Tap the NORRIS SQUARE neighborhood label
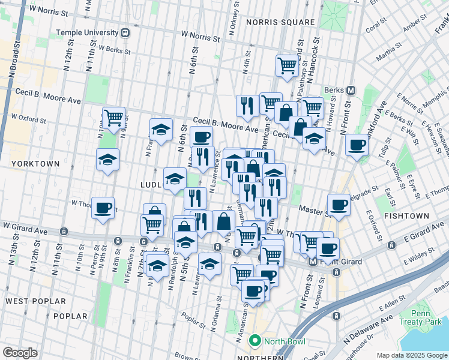pos(280,22)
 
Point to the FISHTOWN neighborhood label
pos(406,215)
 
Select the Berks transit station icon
pos(351,91)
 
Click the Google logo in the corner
pos(20,353)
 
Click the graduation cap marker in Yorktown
pos(107,160)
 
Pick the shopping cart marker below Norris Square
pos(288,65)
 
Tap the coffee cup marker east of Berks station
pos(357,145)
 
